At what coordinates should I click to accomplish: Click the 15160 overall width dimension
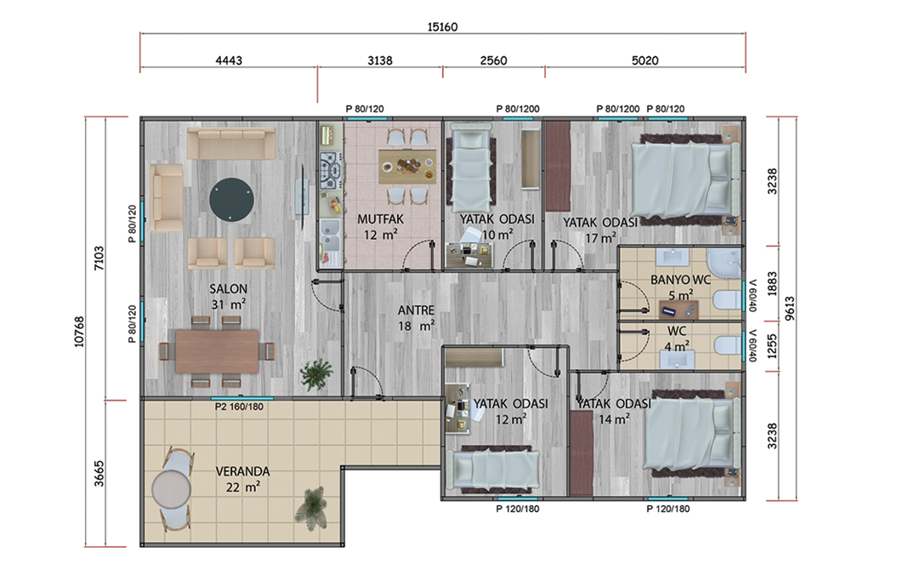point(442,26)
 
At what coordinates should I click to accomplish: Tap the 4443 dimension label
point(229,60)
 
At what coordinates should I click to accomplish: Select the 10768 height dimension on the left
point(79,332)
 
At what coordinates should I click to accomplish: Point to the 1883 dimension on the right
point(772,283)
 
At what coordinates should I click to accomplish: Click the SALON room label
point(228,288)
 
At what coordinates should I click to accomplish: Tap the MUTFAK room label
point(380,219)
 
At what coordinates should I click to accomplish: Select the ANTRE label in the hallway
point(416,310)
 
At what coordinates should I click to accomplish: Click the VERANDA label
point(242,471)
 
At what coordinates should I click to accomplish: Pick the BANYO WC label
point(680,280)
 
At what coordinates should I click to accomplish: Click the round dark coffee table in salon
point(231,199)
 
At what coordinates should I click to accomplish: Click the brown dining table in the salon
point(217,351)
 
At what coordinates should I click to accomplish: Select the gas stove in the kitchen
point(331,172)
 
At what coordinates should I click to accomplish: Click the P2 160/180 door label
point(239,407)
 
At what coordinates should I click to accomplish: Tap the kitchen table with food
point(407,167)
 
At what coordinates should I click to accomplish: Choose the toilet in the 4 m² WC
point(727,345)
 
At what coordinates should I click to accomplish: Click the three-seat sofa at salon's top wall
point(231,144)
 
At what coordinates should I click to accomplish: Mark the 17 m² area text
point(600,237)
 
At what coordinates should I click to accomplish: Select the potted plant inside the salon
point(316,375)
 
